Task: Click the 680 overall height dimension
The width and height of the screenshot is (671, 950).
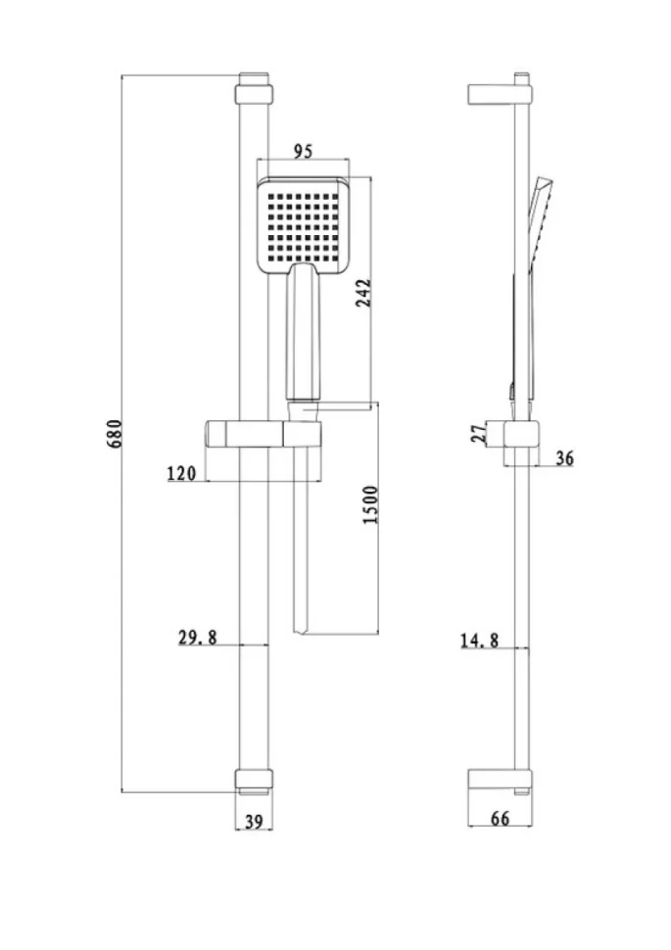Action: [x=115, y=433]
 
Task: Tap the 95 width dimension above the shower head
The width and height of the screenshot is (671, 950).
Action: [x=303, y=151]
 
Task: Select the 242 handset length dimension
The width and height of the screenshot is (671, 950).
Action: [x=362, y=293]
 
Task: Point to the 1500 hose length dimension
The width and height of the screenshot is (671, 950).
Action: [x=370, y=504]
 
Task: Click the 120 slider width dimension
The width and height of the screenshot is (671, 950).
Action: [x=182, y=473]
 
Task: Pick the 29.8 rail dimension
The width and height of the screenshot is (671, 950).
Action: [x=198, y=638]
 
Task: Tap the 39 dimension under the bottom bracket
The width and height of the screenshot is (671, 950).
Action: [x=254, y=822]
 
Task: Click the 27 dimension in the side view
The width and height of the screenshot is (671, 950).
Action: [x=479, y=433]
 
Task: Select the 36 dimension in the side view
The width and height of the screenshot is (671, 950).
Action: [x=564, y=458]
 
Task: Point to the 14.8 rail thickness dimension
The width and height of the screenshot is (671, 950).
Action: [x=479, y=640]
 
